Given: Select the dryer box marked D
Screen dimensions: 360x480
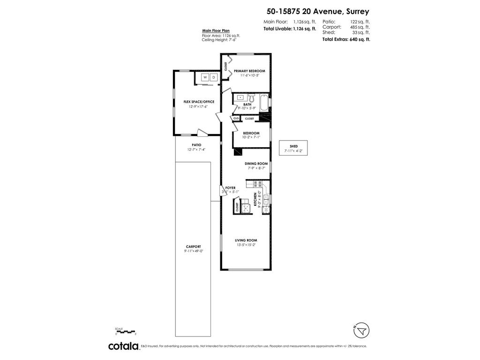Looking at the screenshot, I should coord(213,77).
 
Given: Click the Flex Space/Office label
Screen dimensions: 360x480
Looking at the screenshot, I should coord(199,102).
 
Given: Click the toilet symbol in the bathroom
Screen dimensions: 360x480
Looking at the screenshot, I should coord(251,98).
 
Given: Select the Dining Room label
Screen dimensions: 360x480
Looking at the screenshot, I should coord(256,164).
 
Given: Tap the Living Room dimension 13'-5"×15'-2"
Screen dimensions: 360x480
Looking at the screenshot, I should coord(246,245).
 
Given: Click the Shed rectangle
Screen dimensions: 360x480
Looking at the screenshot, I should coord(293,149).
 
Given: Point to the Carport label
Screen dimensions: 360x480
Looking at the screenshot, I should coord(193,247).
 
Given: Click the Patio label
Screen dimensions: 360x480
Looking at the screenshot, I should coord(196,145).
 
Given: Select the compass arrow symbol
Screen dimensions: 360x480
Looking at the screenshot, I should coord(360,331).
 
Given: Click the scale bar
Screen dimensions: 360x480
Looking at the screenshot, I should coord(125,331).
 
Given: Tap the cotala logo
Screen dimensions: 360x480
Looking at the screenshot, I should coord(124,346).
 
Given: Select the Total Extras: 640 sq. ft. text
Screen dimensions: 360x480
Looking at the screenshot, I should coord(346,40).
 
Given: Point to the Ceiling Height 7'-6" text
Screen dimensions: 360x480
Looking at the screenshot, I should coord(219,40).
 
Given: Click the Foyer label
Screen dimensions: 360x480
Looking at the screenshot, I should coord(230,187).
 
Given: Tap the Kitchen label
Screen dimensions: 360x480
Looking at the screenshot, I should coord(255,199).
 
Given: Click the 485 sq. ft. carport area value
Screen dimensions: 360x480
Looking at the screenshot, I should coord(360,27).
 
